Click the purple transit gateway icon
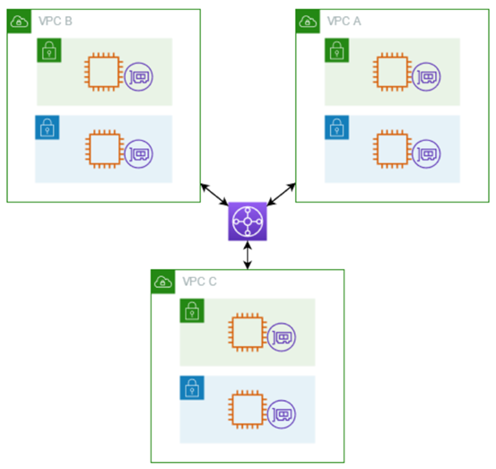(247, 221)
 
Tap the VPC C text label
(199, 281)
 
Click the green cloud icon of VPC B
(19, 21)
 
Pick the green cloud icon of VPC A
(308, 21)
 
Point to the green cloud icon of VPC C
(162, 282)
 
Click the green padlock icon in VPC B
(48, 50)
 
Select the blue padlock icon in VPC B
(47, 127)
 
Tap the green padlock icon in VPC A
(336, 50)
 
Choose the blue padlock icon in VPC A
(336, 127)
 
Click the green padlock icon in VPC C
(192, 311)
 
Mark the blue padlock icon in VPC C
(192, 387)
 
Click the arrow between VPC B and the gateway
(213, 194)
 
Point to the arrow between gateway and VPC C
(247, 256)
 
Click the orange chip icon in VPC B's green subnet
(102, 72)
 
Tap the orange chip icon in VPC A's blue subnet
(391, 149)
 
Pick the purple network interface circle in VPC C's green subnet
(283, 338)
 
